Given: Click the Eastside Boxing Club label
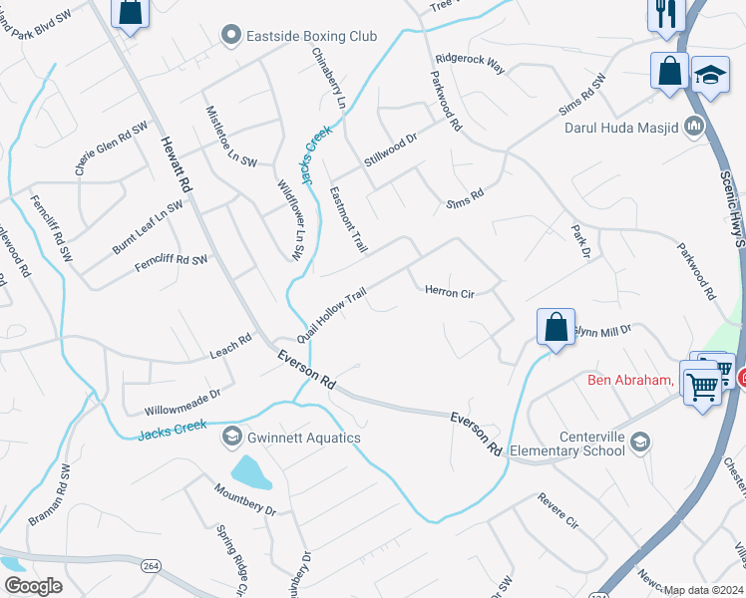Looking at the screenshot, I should tap(311, 37).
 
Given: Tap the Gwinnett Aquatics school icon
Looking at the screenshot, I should tap(232, 437).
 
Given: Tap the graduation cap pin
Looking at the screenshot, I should tap(710, 76).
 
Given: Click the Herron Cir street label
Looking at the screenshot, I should tap(449, 293).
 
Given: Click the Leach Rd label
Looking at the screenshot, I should tap(230, 346).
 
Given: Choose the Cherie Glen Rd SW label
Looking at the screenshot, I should tap(111, 149).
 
